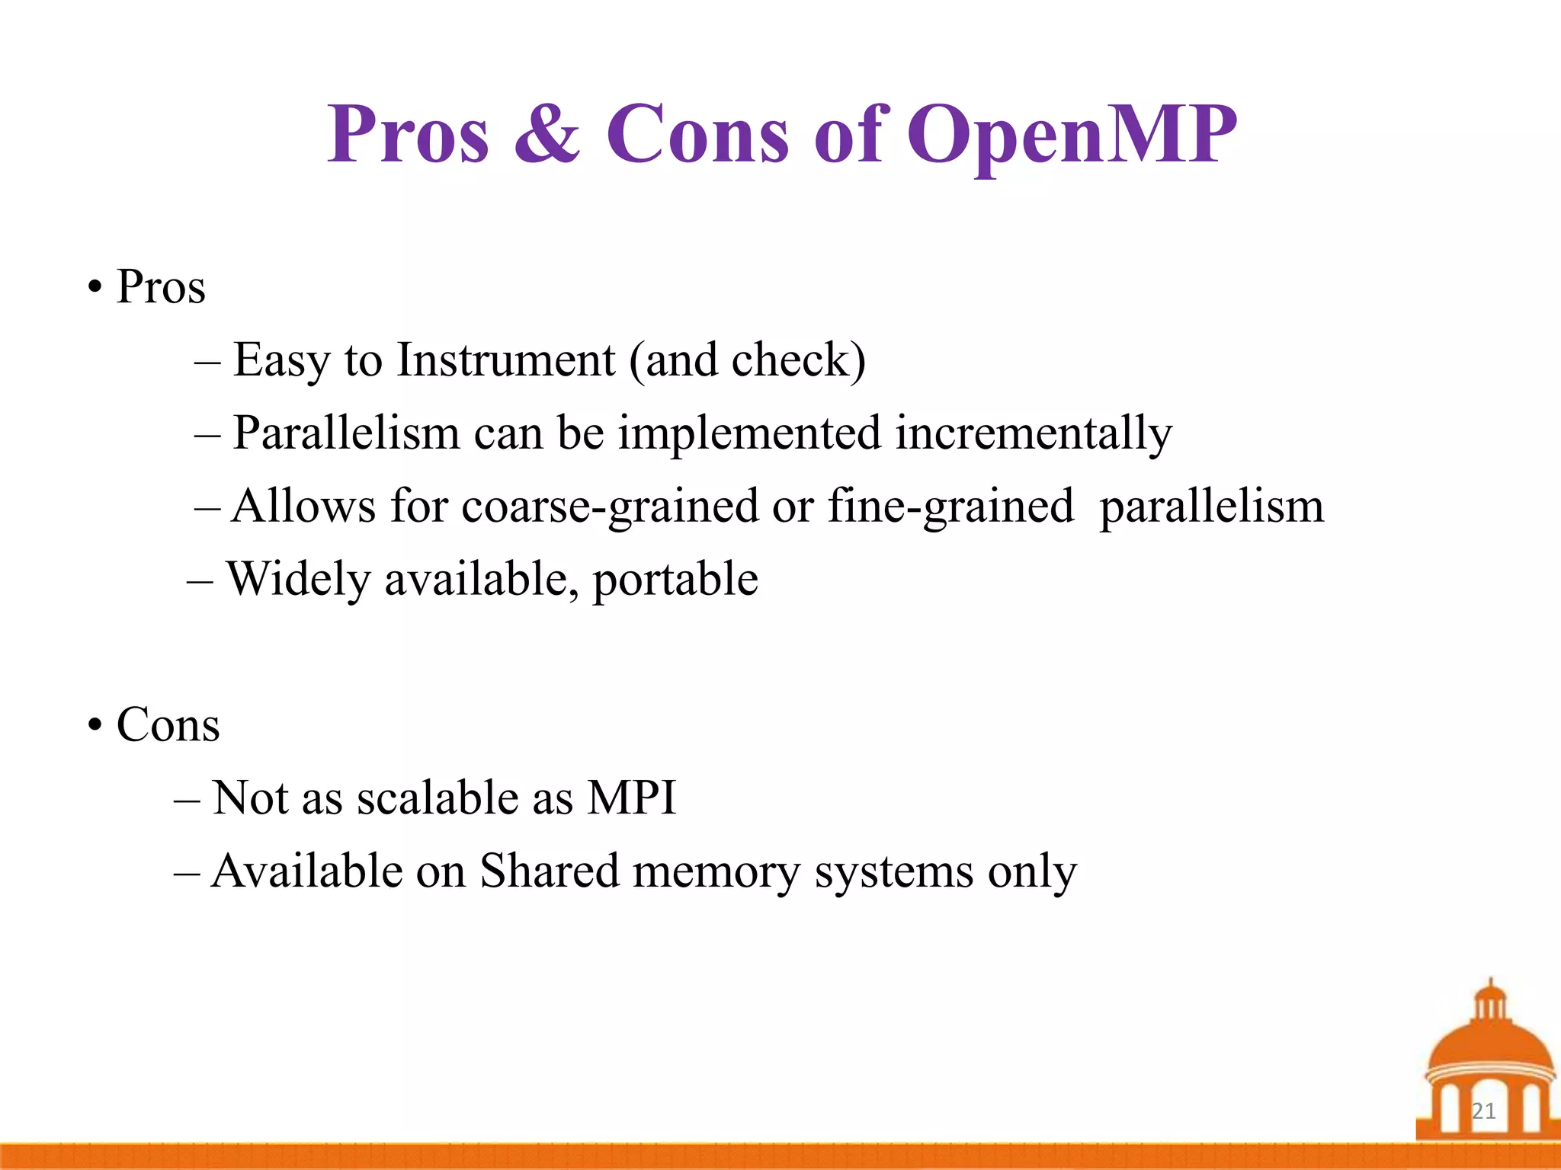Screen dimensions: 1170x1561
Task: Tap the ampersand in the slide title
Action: [x=547, y=134]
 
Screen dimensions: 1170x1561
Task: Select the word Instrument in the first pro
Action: [x=505, y=360]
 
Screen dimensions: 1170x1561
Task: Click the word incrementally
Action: [x=1033, y=433]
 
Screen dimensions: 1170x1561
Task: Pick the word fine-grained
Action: [x=950, y=507]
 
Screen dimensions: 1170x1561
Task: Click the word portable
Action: [x=675, y=580]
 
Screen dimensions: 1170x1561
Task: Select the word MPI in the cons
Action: [x=631, y=798]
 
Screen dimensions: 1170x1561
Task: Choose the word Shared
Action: [x=549, y=871]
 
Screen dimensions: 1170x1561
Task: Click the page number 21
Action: [x=1483, y=1111]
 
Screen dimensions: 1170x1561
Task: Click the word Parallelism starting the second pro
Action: [x=346, y=433]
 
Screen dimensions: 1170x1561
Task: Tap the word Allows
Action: [x=303, y=507]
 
